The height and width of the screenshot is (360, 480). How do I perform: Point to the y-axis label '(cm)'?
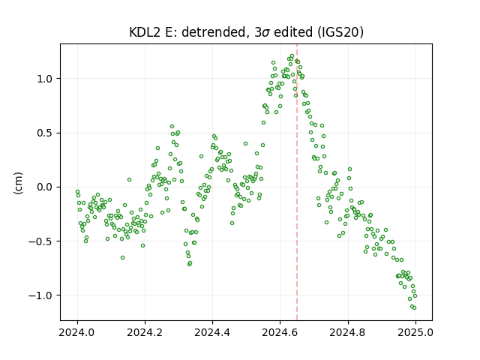(x=18, y=183)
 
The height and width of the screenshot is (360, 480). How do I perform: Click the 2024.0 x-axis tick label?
(x=77, y=332)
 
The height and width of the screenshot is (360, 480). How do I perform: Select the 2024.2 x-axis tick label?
(x=145, y=332)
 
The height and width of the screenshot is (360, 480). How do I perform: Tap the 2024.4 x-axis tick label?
(x=212, y=332)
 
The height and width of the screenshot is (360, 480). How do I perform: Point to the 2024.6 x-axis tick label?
(x=280, y=332)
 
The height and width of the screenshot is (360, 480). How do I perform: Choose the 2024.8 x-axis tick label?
(x=347, y=332)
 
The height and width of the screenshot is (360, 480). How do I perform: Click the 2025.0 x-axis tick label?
(x=415, y=332)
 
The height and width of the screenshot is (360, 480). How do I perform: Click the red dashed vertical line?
(x=297, y=182)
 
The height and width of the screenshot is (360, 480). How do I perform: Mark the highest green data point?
(x=292, y=56)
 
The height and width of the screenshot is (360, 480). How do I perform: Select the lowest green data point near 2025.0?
(x=414, y=307)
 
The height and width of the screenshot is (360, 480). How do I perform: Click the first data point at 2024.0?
(x=77, y=192)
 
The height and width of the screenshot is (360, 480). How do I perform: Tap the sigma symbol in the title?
(x=265, y=33)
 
